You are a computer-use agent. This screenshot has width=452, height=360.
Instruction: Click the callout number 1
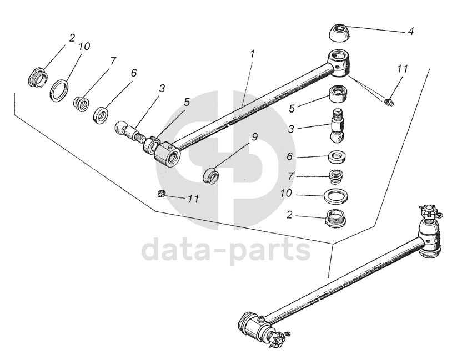point(252,54)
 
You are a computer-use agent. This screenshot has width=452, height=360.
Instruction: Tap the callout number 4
point(410,32)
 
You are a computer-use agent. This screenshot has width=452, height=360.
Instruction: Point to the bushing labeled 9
point(212,176)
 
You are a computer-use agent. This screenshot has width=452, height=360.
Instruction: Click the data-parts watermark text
point(226,250)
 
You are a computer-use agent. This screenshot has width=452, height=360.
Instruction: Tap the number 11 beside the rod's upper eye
point(402,69)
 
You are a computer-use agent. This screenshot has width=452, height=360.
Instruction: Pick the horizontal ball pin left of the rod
point(129,131)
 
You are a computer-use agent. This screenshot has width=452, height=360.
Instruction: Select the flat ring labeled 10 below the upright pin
point(337,196)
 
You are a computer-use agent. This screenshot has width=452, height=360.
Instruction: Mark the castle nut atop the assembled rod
point(426,211)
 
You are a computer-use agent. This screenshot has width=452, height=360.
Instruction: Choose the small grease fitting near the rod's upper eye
point(389,102)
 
